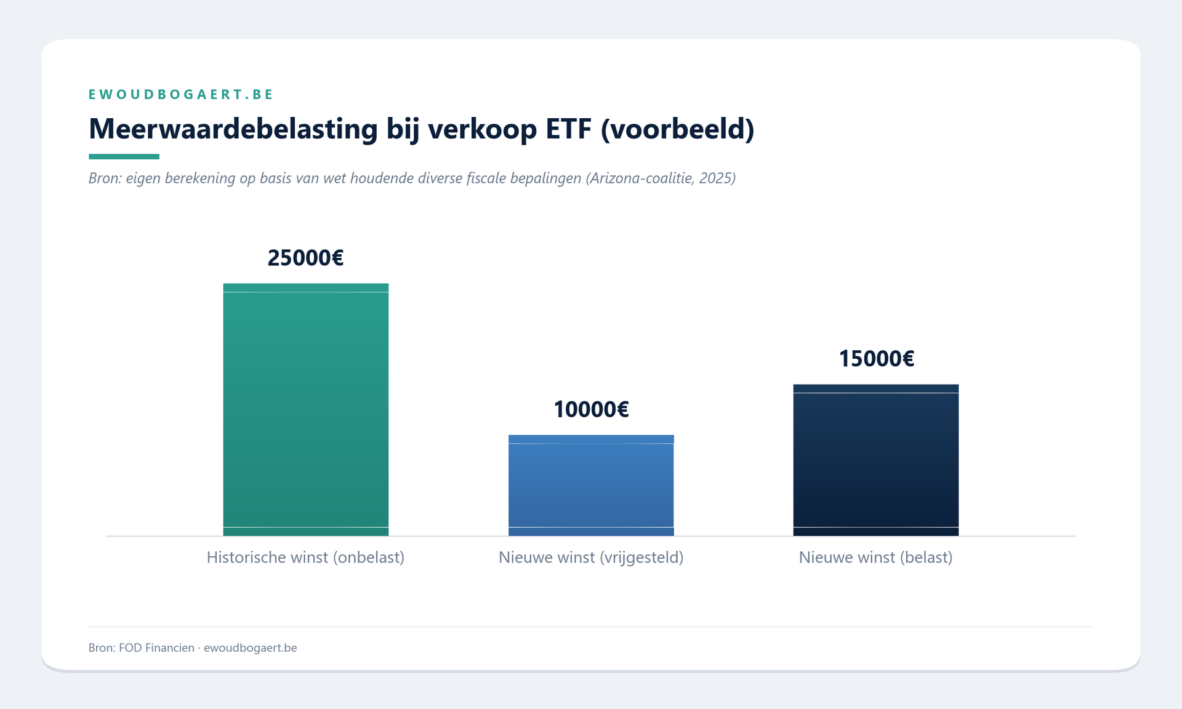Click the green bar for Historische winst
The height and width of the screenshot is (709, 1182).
[305, 409]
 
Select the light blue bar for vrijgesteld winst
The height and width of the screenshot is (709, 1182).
[591, 485]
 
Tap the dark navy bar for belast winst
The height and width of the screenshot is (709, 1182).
[875, 460]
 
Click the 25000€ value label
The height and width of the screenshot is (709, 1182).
[305, 258]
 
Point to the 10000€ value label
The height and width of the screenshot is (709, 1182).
[591, 409]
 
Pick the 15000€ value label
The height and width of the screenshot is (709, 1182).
[876, 359]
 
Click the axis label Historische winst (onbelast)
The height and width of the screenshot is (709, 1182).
[305, 558]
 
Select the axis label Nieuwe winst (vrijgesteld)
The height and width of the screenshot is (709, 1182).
[591, 558]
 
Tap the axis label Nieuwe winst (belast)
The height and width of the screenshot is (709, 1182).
[875, 558]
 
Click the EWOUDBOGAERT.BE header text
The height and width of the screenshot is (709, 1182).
[181, 94]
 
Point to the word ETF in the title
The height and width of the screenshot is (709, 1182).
[568, 129]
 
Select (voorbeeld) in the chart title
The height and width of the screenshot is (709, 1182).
[677, 129]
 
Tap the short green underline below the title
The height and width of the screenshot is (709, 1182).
[124, 157]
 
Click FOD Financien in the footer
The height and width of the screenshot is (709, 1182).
[156, 647]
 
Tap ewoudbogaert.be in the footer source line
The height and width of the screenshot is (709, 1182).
[250, 647]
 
